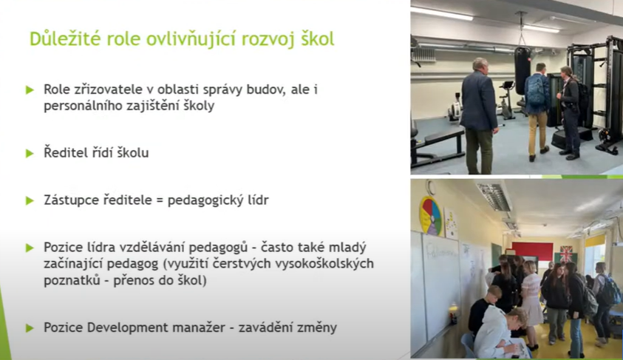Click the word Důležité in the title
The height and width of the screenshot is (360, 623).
(x=65, y=39)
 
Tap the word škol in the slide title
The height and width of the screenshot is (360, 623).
(x=317, y=39)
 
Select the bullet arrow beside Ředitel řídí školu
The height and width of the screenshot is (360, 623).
(x=30, y=153)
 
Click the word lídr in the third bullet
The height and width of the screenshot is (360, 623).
(x=258, y=200)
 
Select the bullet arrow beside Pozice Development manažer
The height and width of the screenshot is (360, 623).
(x=30, y=328)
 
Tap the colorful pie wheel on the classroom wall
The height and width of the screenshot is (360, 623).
(x=431, y=216)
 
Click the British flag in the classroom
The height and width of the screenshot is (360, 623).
(x=566, y=254)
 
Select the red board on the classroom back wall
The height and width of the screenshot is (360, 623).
(x=532, y=251)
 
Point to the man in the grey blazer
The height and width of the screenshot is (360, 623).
(x=479, y=115)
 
